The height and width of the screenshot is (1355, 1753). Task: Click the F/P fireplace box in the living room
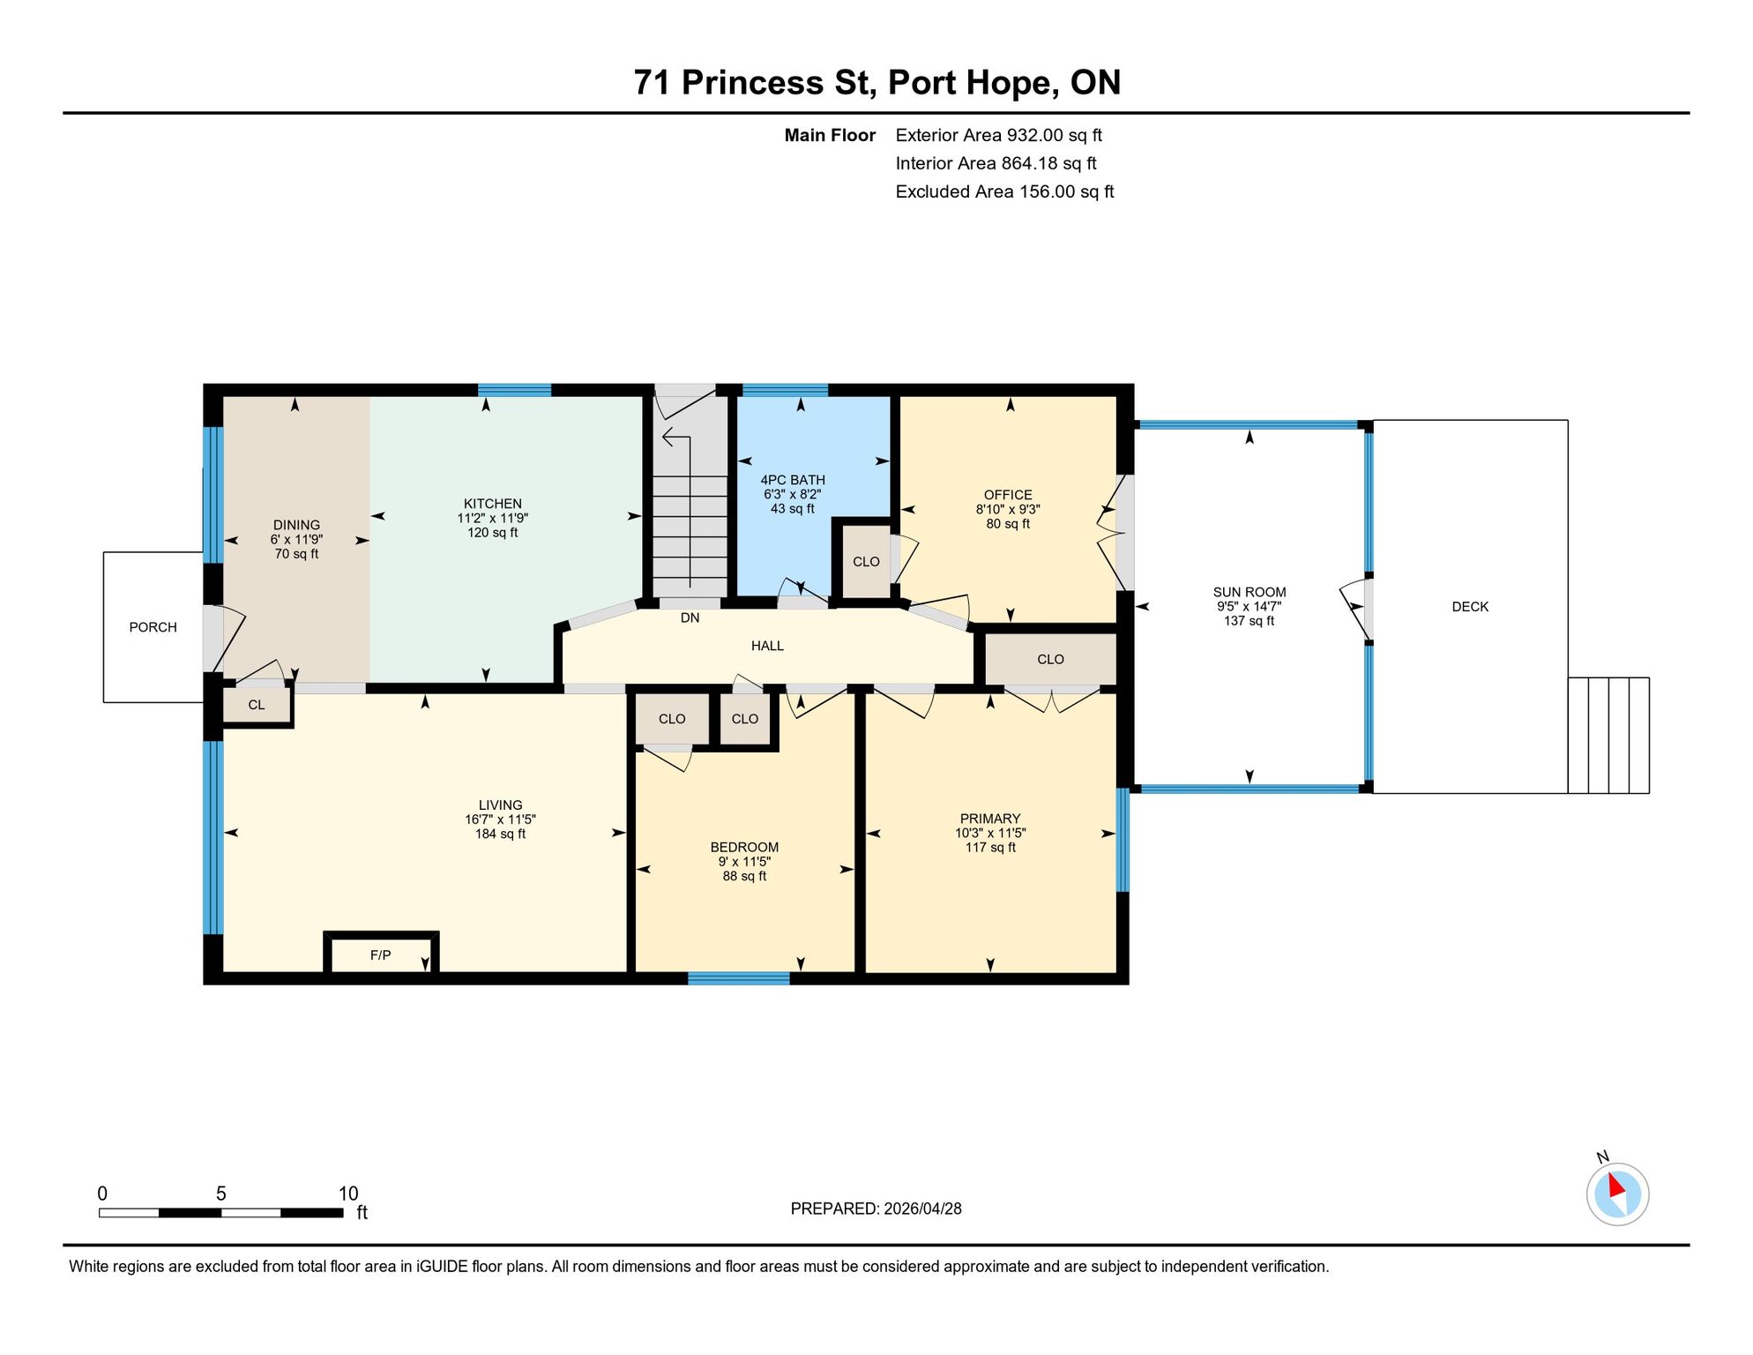click(381, 954)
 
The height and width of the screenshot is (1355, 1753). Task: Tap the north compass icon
click(1617, 1194)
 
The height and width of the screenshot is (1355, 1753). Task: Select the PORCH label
click(153, 627)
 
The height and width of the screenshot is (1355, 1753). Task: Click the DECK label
click(1470, 607)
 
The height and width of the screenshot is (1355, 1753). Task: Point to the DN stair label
click(690, 618)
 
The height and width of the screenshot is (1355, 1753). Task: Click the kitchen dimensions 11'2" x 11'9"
click(493, 519)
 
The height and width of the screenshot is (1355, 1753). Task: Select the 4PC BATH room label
click(793, 480)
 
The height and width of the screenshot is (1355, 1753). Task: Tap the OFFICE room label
click(1008, 495)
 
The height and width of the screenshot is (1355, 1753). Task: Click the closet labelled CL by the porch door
click(256, 705)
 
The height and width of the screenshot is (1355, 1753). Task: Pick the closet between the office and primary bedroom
click(1050, 659)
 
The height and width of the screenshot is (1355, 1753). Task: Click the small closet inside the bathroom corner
click(866, 561)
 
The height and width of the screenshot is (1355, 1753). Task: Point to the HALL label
click(767, 646)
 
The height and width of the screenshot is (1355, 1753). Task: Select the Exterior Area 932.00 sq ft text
click(998, 135)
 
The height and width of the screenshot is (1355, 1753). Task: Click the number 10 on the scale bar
click(348, 1194)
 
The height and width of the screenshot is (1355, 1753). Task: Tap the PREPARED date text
click(876, 1209)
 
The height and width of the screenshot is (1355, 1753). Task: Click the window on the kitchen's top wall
click(514, 390)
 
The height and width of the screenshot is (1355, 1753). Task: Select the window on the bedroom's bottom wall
click(738, 977)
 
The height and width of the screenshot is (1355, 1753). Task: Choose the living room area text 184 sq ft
click(500, 834)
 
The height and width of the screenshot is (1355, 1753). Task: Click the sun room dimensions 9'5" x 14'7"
click(1249, 607)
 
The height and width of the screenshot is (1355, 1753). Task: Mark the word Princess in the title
click(753, 82)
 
